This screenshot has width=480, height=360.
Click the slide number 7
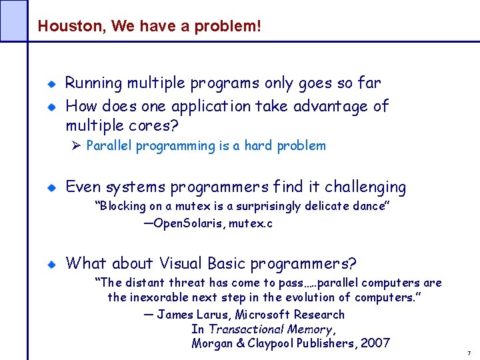pyautogui.click(x=469, y=353)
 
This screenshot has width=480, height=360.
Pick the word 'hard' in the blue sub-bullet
pyautogui.click(x=259, y=146)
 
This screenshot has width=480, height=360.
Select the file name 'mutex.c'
pyautogui.click(x=250, y=224)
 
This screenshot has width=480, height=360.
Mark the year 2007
pyautogui.click(x=375, y=343)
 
